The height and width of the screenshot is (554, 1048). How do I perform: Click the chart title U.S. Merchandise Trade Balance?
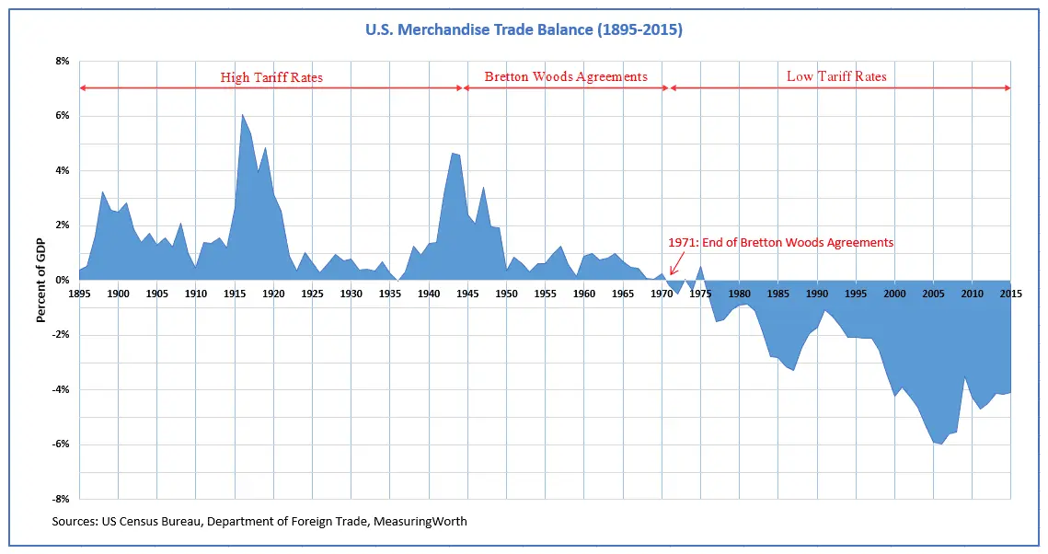coord(524,30)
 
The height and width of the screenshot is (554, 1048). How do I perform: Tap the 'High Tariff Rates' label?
coord(271,77)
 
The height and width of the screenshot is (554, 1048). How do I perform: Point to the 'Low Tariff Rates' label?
coord(836,76)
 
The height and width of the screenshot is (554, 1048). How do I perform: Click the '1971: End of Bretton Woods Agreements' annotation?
coord(781,243)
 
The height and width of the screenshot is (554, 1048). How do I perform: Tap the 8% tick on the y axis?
coord(62,62)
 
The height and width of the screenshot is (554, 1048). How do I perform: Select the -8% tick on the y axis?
coord(60,499)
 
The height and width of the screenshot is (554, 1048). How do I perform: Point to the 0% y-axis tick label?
coord(62,281)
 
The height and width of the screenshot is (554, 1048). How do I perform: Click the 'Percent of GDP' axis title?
coord(40,281)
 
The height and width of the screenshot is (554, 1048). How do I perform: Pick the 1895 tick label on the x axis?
coord(79,294)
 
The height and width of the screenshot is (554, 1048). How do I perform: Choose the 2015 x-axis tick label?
coord(1010,294)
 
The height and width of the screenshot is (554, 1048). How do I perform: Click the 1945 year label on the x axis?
coord(467,294)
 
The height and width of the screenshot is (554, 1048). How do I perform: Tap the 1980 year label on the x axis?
coord(739,294)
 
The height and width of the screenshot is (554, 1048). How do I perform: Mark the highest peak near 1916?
coord(242,114)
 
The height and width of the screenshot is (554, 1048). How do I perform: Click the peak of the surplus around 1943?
coord(452,154)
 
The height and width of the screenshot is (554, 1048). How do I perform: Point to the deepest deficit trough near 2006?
coord(941,444)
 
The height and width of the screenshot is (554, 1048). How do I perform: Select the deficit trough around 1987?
coord(793,370)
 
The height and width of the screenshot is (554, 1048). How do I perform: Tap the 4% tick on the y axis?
coord(62,171)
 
